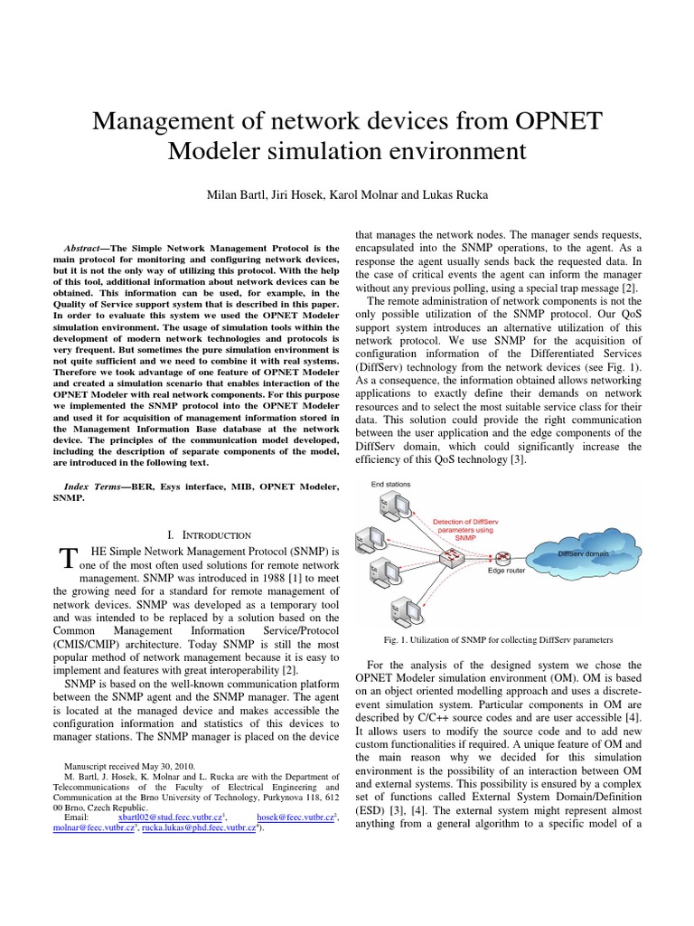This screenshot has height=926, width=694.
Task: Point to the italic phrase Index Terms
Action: [90, 487]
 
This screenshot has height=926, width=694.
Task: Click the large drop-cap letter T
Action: [64, 560]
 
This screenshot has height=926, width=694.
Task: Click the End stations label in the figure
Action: [390, 485]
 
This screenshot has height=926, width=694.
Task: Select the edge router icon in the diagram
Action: [502, 554]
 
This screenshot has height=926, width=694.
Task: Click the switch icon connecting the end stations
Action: [449, 561]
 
